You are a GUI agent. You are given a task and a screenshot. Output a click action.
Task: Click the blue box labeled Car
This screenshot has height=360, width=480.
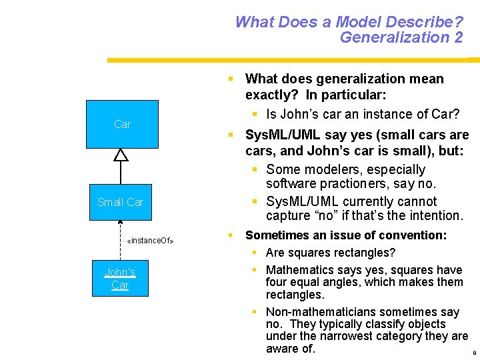coord(122,124)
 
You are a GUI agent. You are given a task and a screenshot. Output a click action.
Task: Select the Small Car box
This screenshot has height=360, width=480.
coord(121,202)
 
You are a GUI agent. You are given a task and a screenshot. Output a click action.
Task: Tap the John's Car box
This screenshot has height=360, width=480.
coord(120,279)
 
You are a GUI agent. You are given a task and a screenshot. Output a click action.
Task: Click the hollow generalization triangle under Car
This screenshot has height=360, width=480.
coord(121,155)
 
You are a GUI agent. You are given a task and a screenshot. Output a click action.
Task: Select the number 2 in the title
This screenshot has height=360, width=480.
coord(458,37)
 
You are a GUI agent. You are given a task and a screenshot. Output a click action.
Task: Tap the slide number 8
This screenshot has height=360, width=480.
coord(474,353)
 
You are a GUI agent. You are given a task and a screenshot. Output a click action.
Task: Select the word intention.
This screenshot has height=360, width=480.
coord(433,215)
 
